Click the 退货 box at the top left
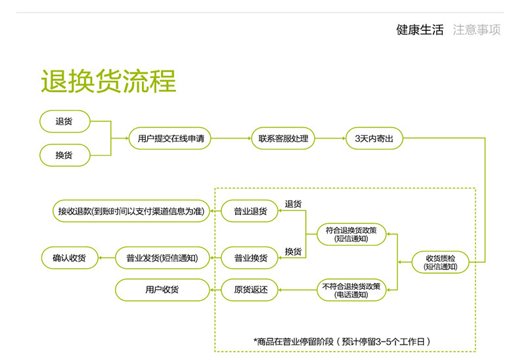64,122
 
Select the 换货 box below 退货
64,156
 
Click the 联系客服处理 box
283,139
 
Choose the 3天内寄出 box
374,139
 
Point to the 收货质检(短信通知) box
440,262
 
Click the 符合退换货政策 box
351,235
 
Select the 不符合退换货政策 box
351,290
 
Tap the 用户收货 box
162,289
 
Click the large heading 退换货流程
108,81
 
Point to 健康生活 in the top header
420,30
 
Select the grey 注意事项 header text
477,30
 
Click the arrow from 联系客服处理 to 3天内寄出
330,139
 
